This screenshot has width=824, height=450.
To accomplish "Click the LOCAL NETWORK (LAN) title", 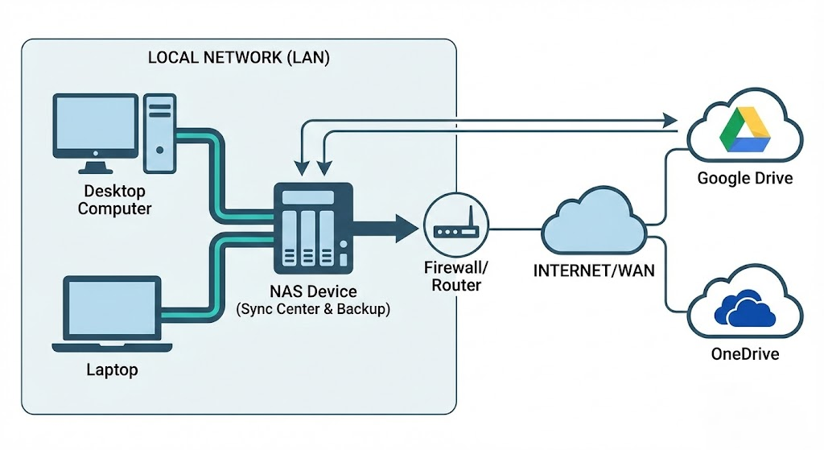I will [x=239, y=59].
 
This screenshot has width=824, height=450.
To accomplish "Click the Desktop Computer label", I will [x=115, y=200].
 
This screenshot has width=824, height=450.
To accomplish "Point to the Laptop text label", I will [x=112, y=370].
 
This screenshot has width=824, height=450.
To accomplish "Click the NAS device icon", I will [x=313, y=226].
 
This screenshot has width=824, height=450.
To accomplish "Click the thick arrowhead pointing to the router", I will [x=405, y=228].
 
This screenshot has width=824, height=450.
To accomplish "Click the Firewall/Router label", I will [x=455, y=275].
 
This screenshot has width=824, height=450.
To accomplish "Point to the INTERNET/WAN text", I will [x=594, y=270].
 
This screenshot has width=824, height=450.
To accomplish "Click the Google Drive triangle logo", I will [x=743, y=130].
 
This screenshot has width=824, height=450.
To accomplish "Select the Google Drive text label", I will [x=744, y=178].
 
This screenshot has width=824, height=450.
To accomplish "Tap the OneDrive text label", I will [x=744, y=353].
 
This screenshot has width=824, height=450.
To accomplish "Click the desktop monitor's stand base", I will [x=94, y=169].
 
